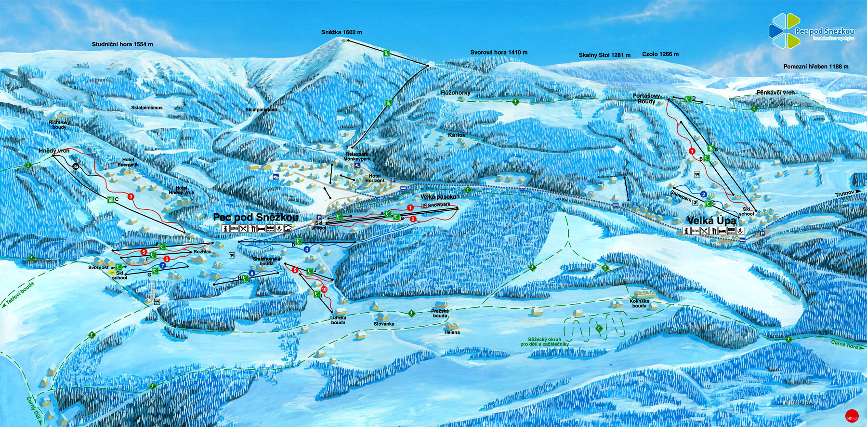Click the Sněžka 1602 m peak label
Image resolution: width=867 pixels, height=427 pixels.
[x=342, y=32]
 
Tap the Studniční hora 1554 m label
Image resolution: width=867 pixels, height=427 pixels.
[x=122, y=44]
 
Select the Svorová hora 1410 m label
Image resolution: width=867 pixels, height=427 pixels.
[x=499, y=53]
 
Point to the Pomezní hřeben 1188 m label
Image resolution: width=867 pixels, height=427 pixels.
[x=816, y=67]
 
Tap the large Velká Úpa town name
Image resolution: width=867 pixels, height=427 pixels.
[x=711, y=220]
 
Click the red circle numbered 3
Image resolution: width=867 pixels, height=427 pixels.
[x=131, y=197]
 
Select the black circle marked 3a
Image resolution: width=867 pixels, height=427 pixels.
[x=76, y=166]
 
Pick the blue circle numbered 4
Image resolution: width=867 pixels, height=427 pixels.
[x=307, y=249]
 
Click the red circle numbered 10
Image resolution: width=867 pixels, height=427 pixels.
[x=324, y=289]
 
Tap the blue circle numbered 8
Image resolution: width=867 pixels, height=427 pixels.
[x=251, y=274]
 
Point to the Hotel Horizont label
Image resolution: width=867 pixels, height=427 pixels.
[x=375, y=178]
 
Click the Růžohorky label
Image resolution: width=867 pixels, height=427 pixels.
[x=456, y=93]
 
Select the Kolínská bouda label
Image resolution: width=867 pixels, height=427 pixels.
[x=639, y=303]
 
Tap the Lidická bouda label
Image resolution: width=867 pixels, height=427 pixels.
[x=338, y=320]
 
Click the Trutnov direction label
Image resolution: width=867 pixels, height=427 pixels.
[x=844, y=194]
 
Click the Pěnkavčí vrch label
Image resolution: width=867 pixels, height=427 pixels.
[x=775, y=93]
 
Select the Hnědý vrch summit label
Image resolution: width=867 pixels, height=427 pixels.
[x=54, y=151]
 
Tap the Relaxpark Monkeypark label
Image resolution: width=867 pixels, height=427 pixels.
[x=357, y=156]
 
